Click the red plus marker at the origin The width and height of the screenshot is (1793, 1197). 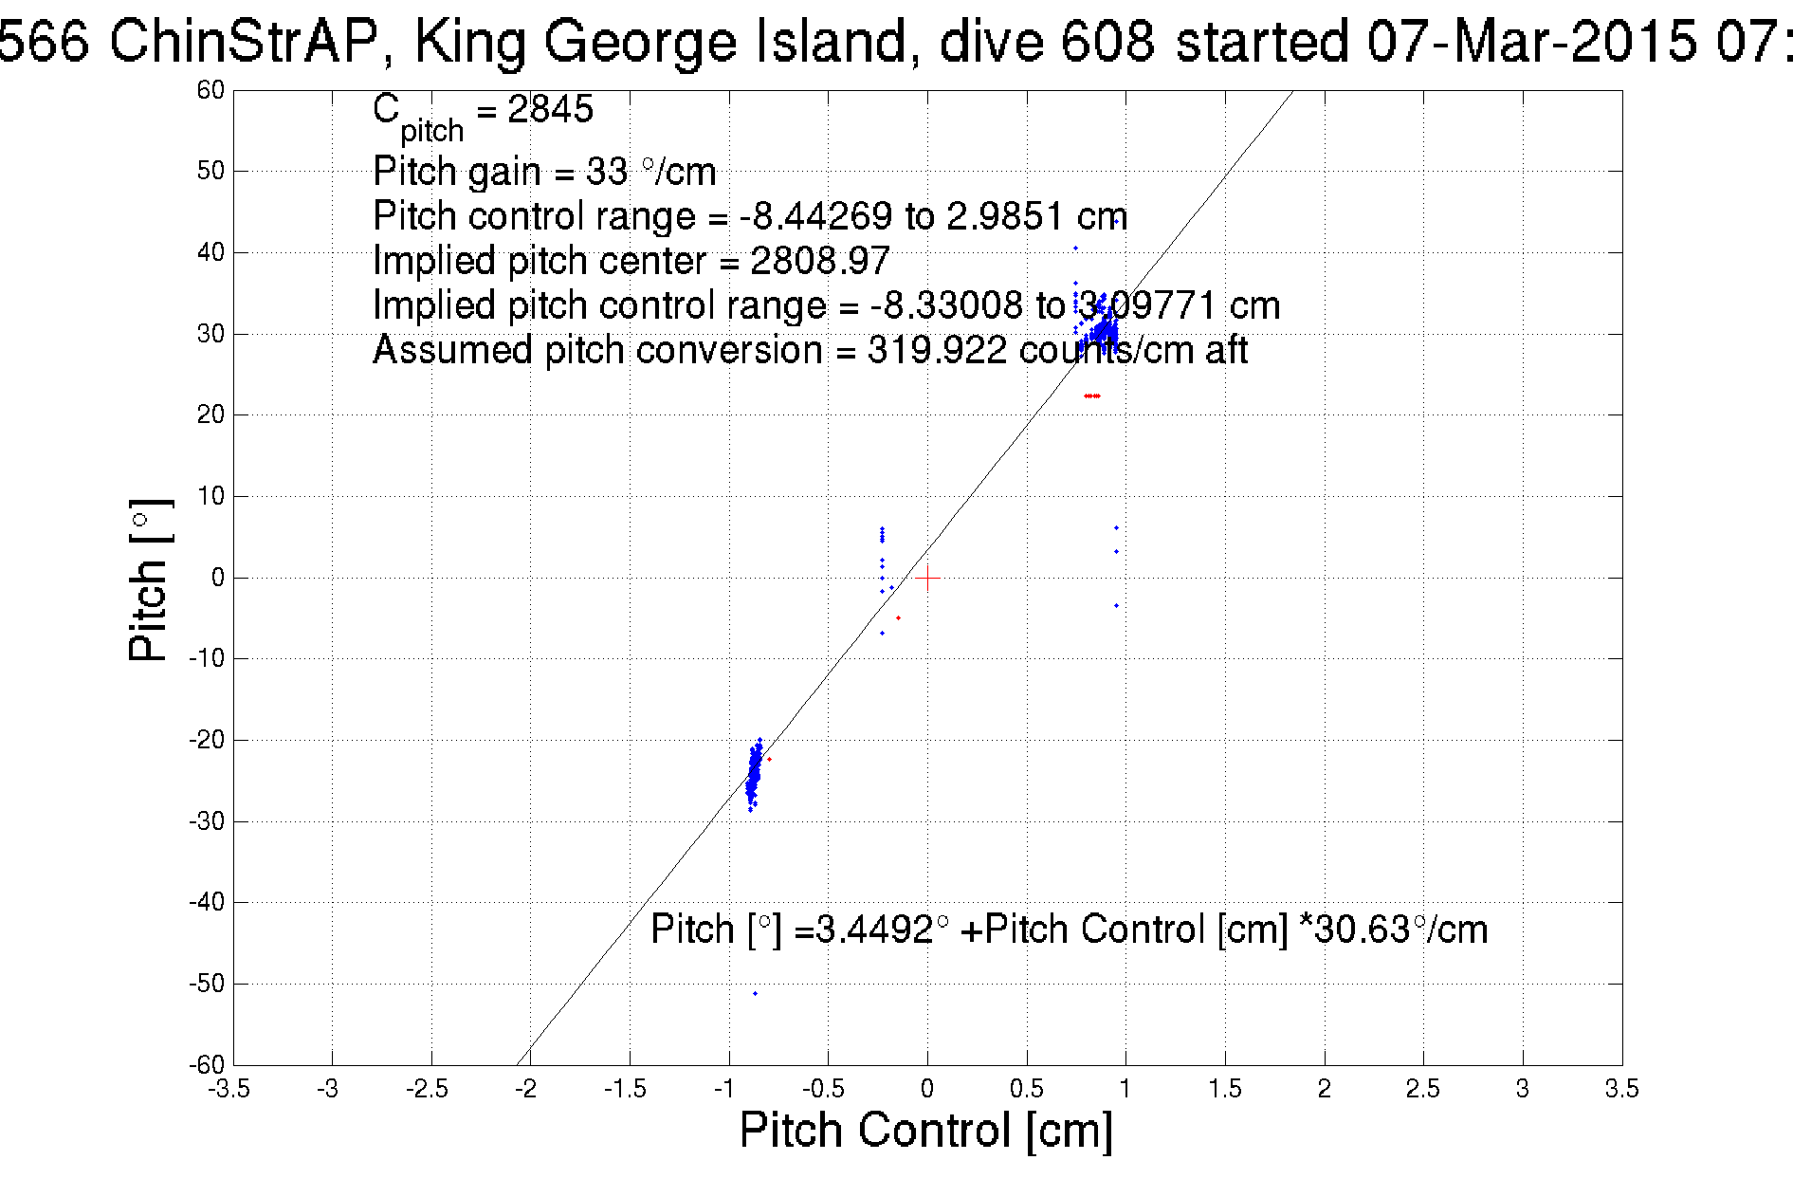click(927, 578)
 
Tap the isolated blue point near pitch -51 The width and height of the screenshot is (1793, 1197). click(755, 993)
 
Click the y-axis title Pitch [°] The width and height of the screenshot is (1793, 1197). click(150, 580)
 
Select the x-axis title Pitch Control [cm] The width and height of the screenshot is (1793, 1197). click(925, 1131)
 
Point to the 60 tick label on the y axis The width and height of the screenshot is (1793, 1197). click(210, 90)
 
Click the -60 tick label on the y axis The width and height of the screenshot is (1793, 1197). click(207, 1064)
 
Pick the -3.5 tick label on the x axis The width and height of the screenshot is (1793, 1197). click(229, 1089)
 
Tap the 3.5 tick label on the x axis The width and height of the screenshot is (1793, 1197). click(1621, 1089)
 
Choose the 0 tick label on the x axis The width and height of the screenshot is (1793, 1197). click(927, 1089)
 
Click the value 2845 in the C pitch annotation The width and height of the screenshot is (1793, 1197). click(550, 110)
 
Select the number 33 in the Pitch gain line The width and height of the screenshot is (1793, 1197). click(607, 172)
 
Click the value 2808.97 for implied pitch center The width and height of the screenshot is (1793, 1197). click(819, 261)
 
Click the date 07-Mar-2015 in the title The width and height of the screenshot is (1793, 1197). click(1531, 42)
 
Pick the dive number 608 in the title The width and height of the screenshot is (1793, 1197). click(1107, 42)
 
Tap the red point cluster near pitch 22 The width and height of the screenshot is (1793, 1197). click(1091, 396)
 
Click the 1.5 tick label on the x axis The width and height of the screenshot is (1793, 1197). click(1225, 1089)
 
